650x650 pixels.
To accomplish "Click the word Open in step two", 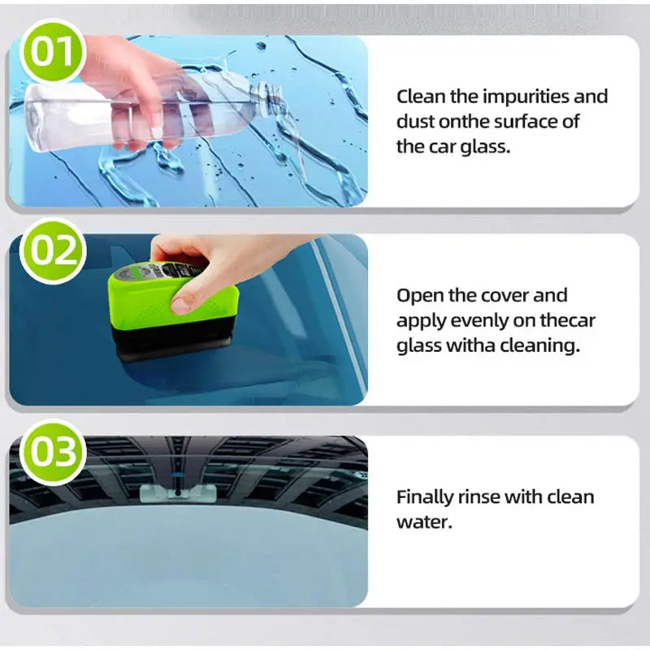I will [418, 295].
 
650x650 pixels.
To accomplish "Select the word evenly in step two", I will [474, 320].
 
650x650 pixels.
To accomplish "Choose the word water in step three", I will [422, 522].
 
